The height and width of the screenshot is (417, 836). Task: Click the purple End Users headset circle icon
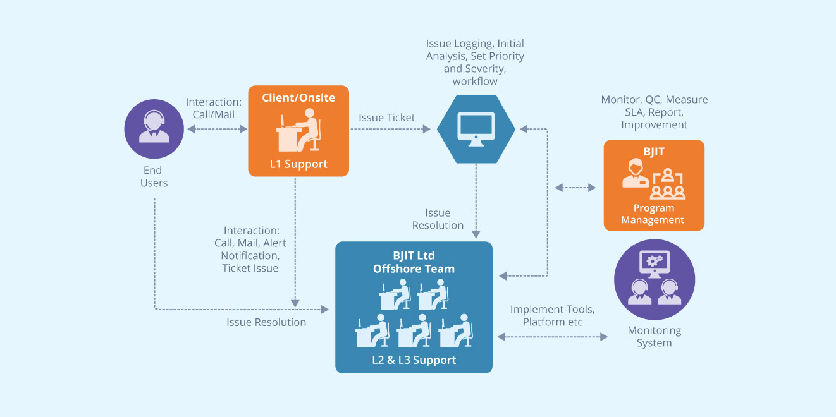tap(154, 129)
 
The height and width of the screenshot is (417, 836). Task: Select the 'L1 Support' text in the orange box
tap(298, 164)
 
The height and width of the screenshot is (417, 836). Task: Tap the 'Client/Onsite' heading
tap(298, 98)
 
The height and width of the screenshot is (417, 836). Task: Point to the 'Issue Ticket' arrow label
tap(387, 118)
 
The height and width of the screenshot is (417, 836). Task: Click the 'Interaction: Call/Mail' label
tap(214, 109)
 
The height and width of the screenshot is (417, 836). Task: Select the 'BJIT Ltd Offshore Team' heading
tap(414, 262)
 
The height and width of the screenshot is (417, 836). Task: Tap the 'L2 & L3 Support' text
tap(414, 360)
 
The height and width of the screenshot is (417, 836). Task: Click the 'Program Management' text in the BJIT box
tap(653, 214)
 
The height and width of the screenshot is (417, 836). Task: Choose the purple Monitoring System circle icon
tap(654, 280)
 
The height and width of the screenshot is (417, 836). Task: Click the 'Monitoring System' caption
tap(654, 336)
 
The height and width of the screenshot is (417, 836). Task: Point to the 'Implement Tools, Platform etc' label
tap(552, 315)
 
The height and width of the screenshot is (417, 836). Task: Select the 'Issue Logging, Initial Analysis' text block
tap(475, 63)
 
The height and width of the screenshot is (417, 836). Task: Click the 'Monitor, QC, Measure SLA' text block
tap(654, 112)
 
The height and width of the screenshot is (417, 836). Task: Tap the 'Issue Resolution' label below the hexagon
tap(438, 219)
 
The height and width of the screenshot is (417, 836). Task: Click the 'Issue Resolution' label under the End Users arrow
tap(266, 322)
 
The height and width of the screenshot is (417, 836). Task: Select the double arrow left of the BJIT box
tap(575, 188)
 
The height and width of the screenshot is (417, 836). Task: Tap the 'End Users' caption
tap(154, 176)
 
